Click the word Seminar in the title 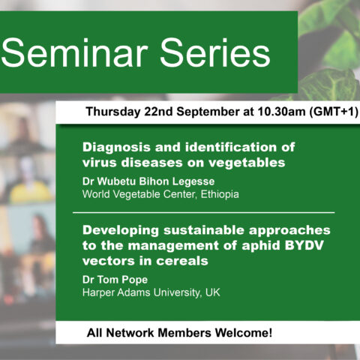click(x=74, y=53)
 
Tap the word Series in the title click(x=215, y=53)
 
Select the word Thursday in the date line click(x=112, y=112)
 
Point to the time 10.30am click(x=281, y=112)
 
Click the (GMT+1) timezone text click(x=334, y=112)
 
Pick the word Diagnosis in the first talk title click(x=116, y=148)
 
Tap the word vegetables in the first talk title click(x=247, y=163)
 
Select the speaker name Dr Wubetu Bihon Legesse click(x=148, y=181)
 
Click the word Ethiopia click(x=220, y=194)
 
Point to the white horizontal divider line click(x=204, y=213)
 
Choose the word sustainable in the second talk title click(x=204, y=230)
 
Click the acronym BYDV click(x=304, y=245)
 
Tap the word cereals click(x=182, y=261)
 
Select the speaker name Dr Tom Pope click(x=115, y=280)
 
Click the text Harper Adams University click(x=142, y=292)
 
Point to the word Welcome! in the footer click(x=244, y=333)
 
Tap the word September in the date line click(x=208, y=112)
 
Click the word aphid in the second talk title click(x=261, y=246)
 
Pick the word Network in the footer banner click(x=130, y=333)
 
